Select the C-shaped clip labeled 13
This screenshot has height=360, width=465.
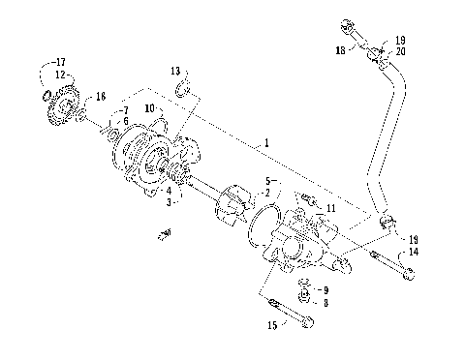coord(183,91)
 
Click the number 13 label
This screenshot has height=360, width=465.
coord(174,72)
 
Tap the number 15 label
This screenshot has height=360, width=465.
coord(271,325)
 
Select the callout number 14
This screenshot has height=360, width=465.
coord(414,252)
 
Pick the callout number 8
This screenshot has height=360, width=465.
coord(325,302)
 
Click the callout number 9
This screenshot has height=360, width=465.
coord(325,289)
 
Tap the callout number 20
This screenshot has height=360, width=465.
coord(401,51)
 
